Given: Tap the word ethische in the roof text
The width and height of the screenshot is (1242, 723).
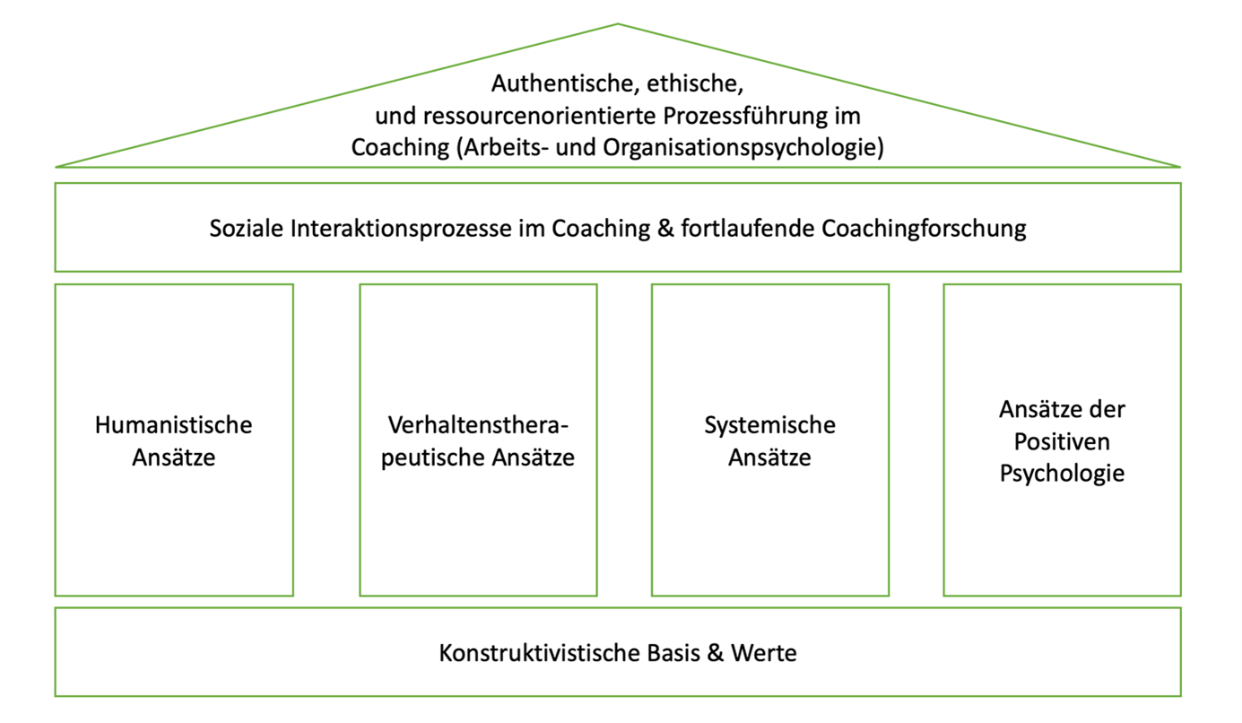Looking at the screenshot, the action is (x=695, y=83).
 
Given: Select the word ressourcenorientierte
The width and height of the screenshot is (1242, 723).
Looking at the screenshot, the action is (x=539, y=116).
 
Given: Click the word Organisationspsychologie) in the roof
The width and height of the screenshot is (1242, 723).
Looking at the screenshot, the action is (x=743, y=148).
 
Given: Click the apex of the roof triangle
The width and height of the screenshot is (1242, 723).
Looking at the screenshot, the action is (x=618, y=24).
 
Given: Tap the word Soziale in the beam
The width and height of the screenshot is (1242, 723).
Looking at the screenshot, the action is (x=247, y=229).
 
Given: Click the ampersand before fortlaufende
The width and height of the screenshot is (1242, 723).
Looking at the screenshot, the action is (x=665, y=229).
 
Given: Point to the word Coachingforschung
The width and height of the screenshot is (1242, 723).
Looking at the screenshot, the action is (x=924, y=229).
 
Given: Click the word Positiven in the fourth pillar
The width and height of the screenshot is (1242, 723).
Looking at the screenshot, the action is (x=1063, y=442).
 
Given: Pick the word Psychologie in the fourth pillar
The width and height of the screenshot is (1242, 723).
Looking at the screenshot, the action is (x=1063, y=474).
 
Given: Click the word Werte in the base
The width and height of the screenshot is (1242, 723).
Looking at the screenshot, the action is (x=764, y=654).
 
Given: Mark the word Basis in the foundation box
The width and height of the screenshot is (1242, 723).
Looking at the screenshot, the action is (x=673, y=654).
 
